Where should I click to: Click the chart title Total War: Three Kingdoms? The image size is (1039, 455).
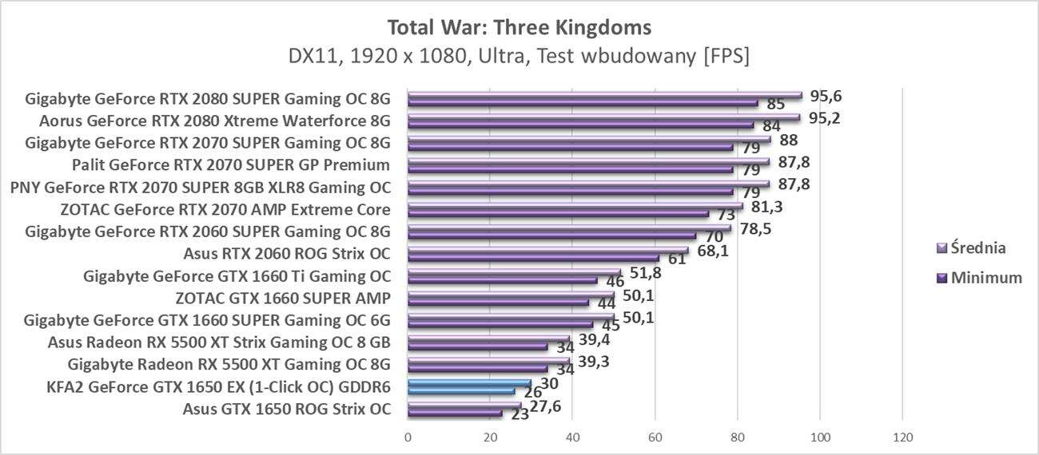[519, 27]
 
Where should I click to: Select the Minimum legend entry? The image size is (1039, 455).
[979, 278]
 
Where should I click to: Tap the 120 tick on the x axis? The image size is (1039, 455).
[902, 437]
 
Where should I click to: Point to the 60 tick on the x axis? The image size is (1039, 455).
[655, 437]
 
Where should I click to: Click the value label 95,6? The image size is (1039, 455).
[826, 96]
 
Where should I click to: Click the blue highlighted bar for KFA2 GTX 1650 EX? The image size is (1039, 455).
[469, 384]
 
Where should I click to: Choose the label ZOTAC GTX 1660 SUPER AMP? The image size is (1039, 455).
[283, 299]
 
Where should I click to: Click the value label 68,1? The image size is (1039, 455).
[712, 251]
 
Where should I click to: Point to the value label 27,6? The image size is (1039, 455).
[546, 407]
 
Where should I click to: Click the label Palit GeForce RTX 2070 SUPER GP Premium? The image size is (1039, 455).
[230, 165]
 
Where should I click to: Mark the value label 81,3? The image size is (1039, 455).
[766, 207]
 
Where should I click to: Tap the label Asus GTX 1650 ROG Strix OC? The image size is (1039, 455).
[286, 409]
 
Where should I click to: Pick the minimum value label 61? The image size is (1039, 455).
[677, 259]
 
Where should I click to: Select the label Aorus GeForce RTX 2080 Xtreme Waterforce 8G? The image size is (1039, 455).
[214, 121]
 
